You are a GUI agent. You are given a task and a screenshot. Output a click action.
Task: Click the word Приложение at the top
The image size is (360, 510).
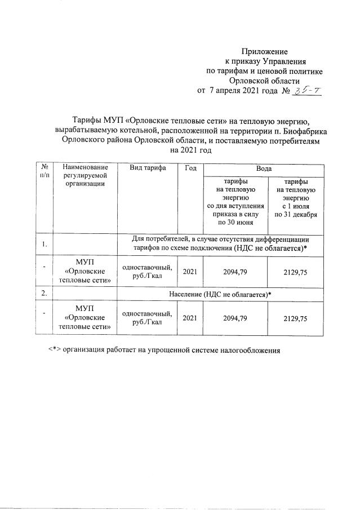pos(264,51)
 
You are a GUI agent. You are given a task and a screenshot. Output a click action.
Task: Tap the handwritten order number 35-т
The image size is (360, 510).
pos(308,90)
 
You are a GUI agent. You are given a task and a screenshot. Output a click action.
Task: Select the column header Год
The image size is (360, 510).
pos(190,168)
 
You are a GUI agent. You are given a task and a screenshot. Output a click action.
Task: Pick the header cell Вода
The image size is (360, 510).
pos(263,168)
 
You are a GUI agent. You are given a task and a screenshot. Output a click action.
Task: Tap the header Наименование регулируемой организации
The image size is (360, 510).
pos(85,176)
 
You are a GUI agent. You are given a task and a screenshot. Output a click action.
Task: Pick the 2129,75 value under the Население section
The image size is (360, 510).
pos(295,318)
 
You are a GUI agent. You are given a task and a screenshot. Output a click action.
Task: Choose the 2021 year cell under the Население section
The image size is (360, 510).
pos(190,318)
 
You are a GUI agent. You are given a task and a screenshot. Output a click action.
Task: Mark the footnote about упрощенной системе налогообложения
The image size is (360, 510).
pos(163,349)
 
